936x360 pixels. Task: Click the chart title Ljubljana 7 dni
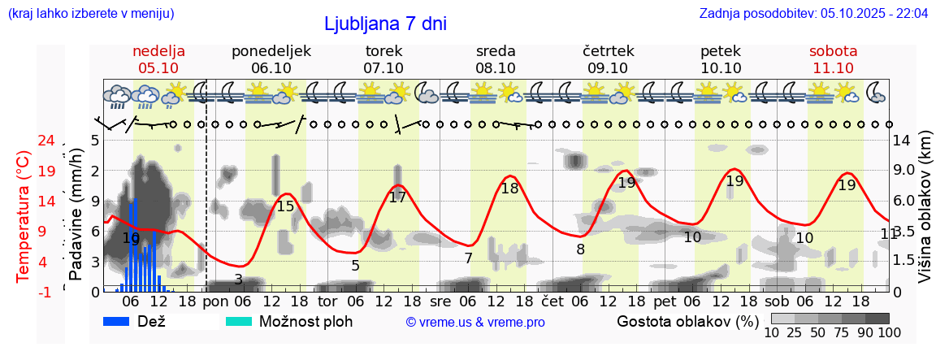click(385, 24)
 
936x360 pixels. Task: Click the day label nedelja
click(159, 51)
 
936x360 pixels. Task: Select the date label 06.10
click(271, 68)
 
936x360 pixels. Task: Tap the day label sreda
click(496, 51)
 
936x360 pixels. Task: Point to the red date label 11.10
click(833, 68)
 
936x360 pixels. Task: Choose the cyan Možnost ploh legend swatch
click(240, 322)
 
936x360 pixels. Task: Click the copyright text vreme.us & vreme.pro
click(475, 323)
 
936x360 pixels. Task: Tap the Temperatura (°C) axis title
click(24, 215)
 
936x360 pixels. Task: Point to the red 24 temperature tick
click(46, 141)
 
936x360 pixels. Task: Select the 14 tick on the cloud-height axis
click(902, 141)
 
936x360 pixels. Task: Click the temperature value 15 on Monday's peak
click(285, 206)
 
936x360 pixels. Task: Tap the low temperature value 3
click(238, 280)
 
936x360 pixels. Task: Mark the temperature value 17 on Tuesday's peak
click(397, 197)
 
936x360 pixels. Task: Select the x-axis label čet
click(552, 301)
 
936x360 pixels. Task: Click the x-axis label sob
click(776, 301)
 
